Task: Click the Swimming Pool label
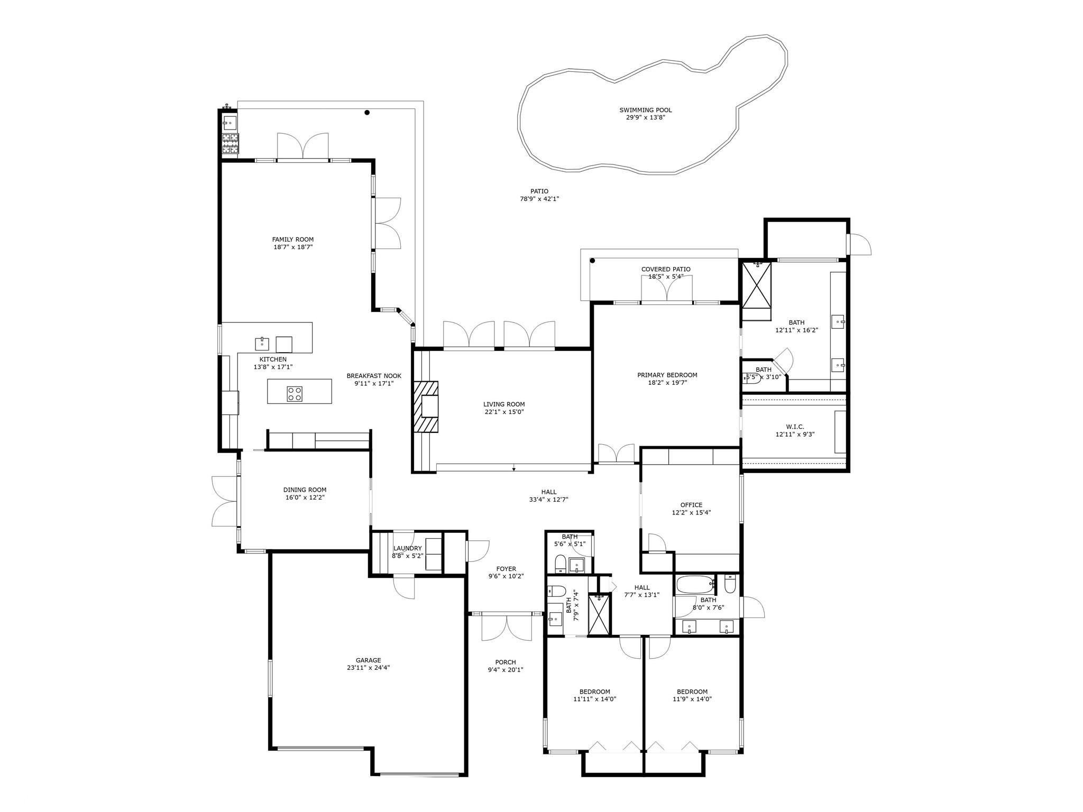pos(646,110)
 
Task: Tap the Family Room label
pos(293,239)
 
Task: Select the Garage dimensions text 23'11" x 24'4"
pos(368,668)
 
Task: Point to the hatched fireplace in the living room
pos(426,407)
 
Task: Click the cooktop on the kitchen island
pos(295,393)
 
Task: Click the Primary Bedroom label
pos(667,375)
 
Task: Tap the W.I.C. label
pos(795,427)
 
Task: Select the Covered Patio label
pos(666,269)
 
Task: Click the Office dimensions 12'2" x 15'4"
pos(691,512)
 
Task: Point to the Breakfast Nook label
pos(374,376)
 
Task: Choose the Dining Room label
pos(305,490)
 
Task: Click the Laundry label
pos(407,548)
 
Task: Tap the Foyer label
pos(506,569)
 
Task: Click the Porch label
pos(506,662)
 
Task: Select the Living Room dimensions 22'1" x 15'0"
pos(504,412)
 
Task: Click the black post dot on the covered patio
pos(592,261)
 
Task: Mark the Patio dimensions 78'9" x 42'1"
pos(539,199)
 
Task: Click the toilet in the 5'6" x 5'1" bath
pos(560,564)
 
